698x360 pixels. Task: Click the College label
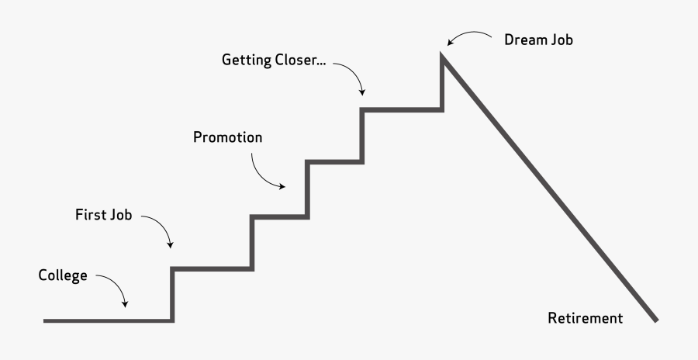click(x=63, y=276)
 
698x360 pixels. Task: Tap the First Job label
click(x=103, y=215)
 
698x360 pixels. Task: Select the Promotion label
click(x=227, y=138)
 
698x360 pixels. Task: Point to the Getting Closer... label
click(x=274, y=61)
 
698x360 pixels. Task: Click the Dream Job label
click(x=538, y=39)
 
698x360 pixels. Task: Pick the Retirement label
click(x=585, y=318)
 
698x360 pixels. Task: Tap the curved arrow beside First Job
click(x=159, y=229)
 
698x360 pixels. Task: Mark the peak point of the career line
click(x=443, y=56)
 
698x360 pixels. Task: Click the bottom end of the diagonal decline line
click(x=656, y=320)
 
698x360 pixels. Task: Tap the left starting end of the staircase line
click(x=45, y=320)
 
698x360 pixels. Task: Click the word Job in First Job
click(x=120, y=215)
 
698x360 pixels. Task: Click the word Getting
click(x=245, y=61)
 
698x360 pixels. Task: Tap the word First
click(x=90, y=215)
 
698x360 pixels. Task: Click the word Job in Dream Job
click(x=561, y=39)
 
